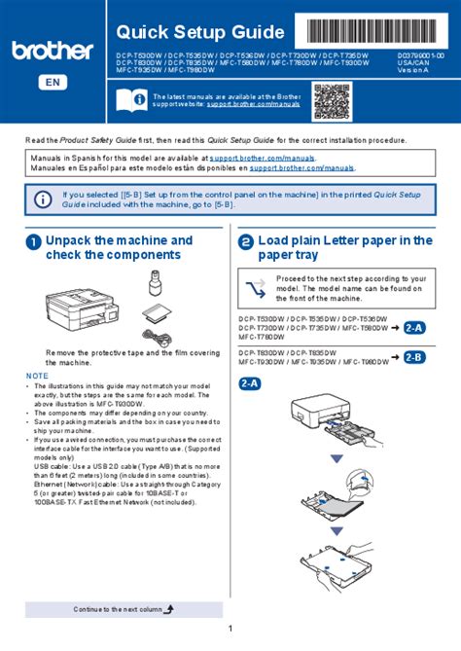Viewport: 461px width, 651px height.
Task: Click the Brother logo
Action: pyautogui.click(x=53, y=50)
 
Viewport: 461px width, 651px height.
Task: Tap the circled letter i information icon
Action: pyautogui.click(x=43, y=199)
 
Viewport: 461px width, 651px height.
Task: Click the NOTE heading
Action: pyautogui.click(x=37, y=375)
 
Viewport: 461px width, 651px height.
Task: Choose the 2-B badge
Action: pyautogui.click(x=415, y=357)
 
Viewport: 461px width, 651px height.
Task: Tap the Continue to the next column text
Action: pyautogui.click(x=118, y=608)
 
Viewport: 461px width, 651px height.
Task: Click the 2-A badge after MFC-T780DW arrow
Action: pyautogui.click(x=415, y=328)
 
